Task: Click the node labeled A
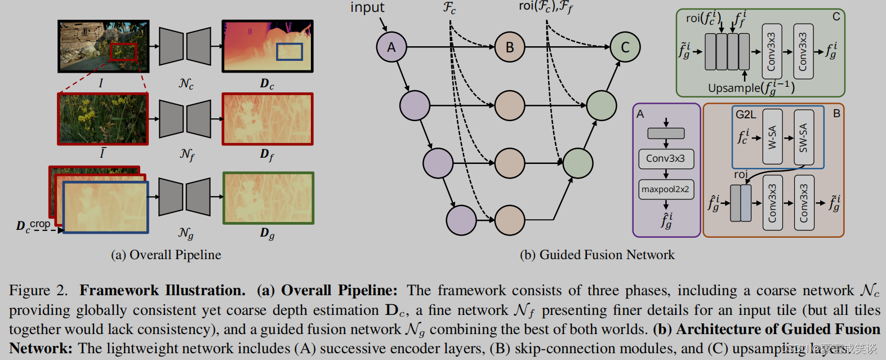coord(391,47)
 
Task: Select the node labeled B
coord(510,47)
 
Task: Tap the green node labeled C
coord(625,47)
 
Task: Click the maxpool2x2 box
coord(665,189)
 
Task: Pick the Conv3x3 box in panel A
coord(665,159)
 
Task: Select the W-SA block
coord(772,137)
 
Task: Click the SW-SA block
coord(803,137)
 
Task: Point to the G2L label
coord(746,114)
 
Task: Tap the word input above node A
coord(367,7)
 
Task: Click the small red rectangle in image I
coord(123,52)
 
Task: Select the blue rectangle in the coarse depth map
coord(290,52)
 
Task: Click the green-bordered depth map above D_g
coord(268,198)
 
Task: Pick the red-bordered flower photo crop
coord(103,119)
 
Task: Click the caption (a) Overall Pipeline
coord(166,255)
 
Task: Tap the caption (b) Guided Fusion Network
coord(597,255)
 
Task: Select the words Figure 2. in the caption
coord(38,291)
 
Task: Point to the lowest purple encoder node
coord(461,220)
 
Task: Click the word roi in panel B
coord(741,175)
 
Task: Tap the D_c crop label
coord(33,225)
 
